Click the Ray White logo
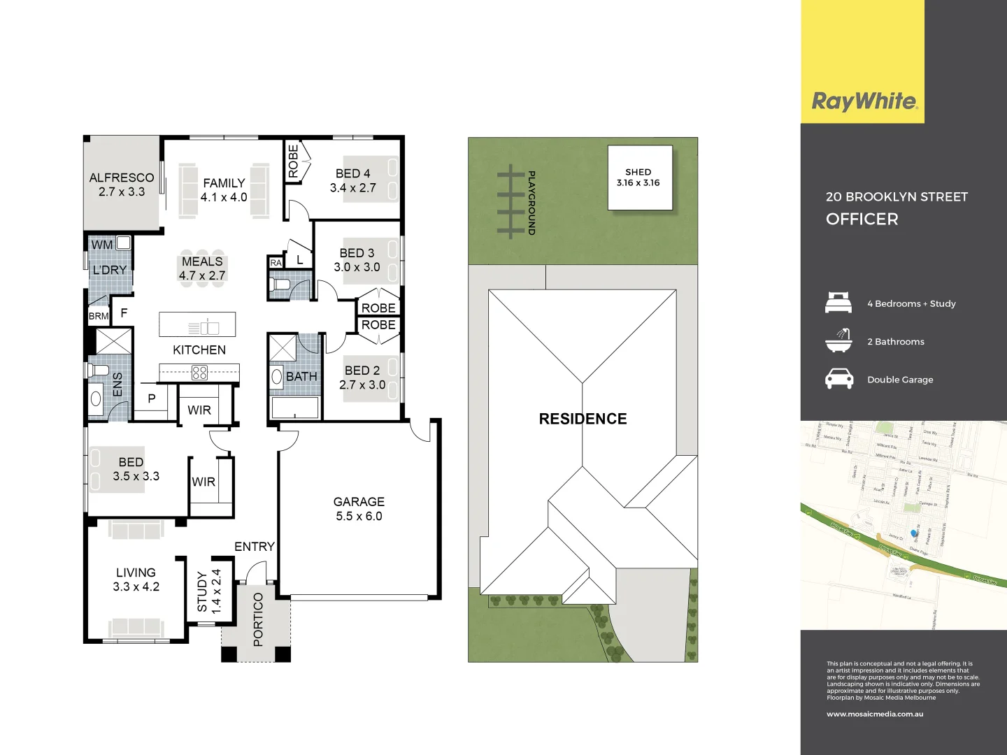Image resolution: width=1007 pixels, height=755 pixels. [864, 101]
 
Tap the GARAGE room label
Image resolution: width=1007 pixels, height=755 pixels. [359, 502]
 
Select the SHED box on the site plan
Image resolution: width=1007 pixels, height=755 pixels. [639, 178]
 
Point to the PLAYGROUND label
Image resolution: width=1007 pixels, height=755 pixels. [531, 202]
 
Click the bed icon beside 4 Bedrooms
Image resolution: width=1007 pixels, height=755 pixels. [838, 303]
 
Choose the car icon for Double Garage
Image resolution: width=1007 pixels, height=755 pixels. [838, 379]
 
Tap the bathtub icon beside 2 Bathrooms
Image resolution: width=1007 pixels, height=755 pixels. [838, 341]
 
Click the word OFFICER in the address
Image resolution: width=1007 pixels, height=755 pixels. [862, 220]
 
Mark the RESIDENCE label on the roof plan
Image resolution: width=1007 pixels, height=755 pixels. [583, 419]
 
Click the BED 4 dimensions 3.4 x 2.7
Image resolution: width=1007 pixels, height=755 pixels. [353, 188]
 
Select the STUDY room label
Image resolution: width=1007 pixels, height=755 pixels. [202, 591]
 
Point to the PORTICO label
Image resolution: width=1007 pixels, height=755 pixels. [258, 619]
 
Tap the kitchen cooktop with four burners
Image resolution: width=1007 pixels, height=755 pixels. [199, 373]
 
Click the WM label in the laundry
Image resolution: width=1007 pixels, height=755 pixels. [101, 245]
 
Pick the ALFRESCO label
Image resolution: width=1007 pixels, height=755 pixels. [122, 178]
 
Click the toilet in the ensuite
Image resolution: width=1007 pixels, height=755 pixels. [98, 369]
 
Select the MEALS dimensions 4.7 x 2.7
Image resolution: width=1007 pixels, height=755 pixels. [202, 275]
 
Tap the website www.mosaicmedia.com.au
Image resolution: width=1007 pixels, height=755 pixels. [875, 714]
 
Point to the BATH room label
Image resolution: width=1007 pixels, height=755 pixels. [301, 377]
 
